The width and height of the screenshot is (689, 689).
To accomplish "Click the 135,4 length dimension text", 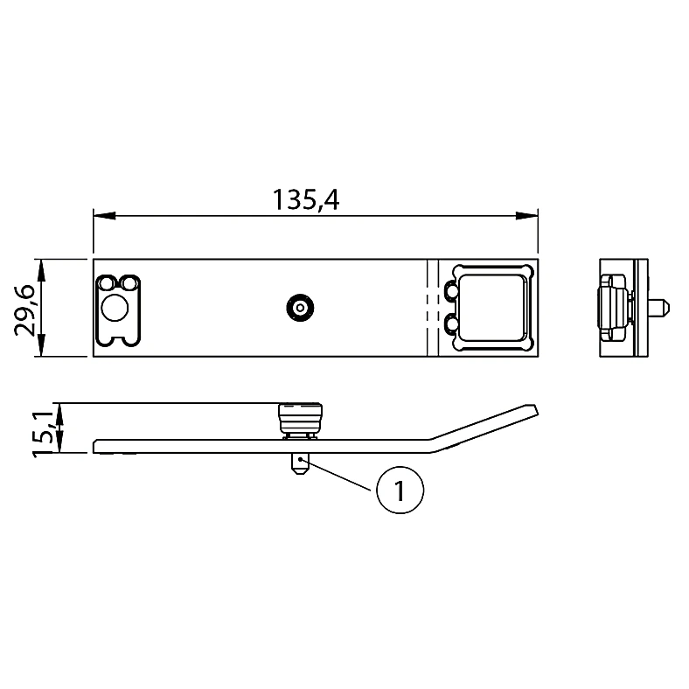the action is pyautogui.click(x=306, y=200).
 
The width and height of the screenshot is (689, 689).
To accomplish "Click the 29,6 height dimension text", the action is pyautogui.click(x=24, y=310).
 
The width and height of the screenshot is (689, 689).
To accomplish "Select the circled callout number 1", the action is pyautogui.click(x=400, y=491).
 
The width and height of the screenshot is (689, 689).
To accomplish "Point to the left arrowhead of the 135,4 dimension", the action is pyautogui.click(x=104, y=216).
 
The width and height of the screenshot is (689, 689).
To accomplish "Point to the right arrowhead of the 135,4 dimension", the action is pyautogui.click(x=527, y=216).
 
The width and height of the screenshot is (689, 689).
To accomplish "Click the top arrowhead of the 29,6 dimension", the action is pyautogui.click(x=40, y=270).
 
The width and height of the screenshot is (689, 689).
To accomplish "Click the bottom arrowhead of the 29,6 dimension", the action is pyautogui.click(x=40, y=345).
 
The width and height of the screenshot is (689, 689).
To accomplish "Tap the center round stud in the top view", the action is pyautogui.click(x=300, y=308).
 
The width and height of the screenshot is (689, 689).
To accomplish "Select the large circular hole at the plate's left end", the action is pyautogui.click(x=115, y=308).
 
